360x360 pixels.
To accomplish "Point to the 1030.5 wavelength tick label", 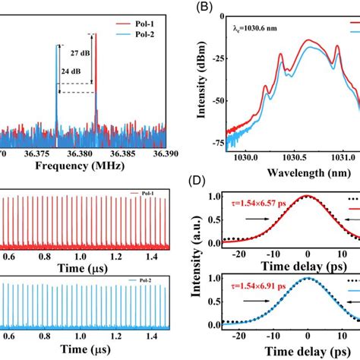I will pyautogui.click(x=302, y=154).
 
